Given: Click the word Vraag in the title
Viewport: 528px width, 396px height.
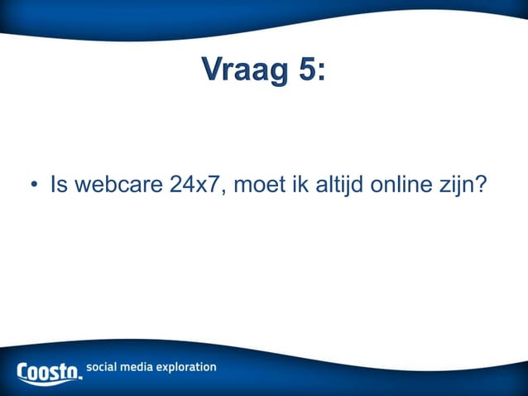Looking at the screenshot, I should point(244,71).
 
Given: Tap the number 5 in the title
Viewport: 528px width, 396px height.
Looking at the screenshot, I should point(307,71).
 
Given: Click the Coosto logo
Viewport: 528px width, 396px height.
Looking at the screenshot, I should point(50,370).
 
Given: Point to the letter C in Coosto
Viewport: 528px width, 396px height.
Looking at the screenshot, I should point(24,370).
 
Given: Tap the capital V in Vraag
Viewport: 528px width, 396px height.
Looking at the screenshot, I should point(212,71).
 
